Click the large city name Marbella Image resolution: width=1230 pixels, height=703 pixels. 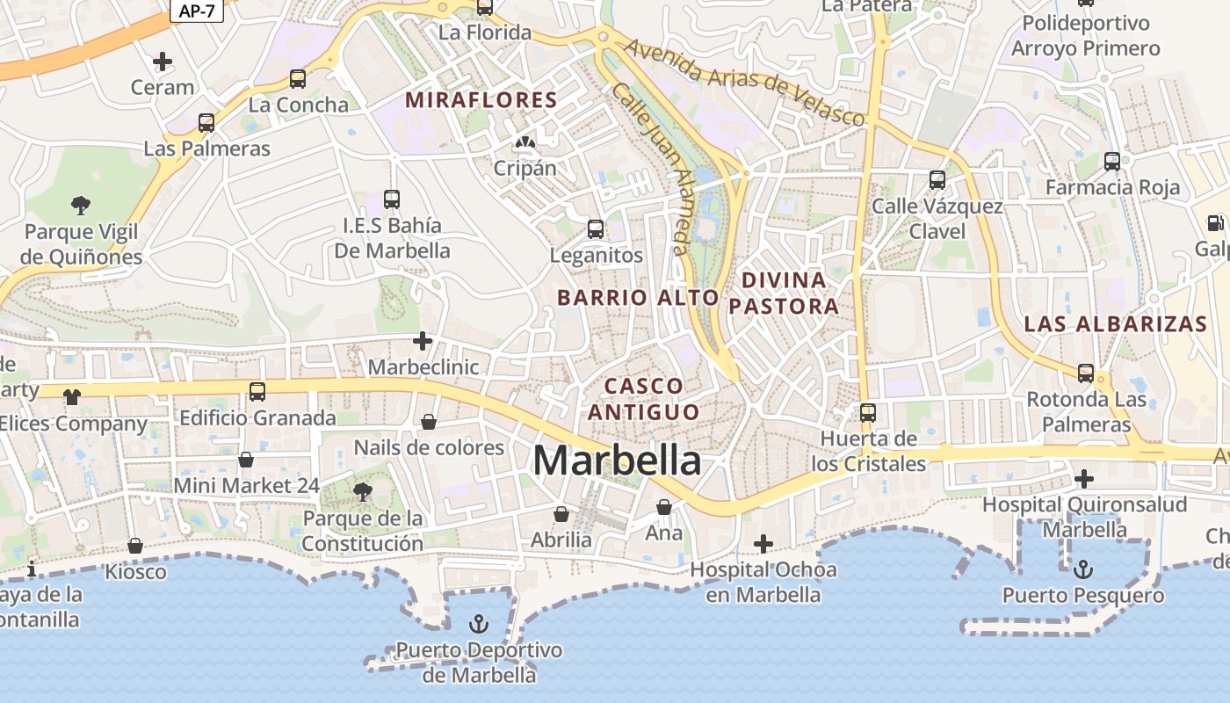(x=618, y=460)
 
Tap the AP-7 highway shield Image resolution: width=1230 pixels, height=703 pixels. (x=197, y=10)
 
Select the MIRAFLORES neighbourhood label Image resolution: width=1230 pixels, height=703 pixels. (x=481, y=100)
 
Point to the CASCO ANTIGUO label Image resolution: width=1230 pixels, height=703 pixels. (x=644, y=399)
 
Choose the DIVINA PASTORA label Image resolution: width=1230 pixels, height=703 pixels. (x=785, y=294)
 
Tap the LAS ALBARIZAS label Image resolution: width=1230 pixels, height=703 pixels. (x=1115, y=323)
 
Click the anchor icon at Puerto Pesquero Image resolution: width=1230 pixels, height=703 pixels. (x=1082, y=569)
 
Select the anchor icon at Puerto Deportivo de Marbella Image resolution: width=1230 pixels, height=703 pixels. (x=479, y=624)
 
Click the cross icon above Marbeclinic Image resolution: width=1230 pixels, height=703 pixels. (x=423, y=340)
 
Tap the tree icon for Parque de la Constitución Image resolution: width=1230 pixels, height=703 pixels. (x=362, y=491)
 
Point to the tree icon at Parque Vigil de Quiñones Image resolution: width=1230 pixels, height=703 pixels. (x=81, y=206)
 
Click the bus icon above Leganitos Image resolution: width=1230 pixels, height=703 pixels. (x=596, y=229)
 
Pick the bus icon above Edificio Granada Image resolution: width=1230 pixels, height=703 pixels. (x=257, y=391)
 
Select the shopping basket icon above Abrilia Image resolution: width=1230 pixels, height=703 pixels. (x=561, y=513)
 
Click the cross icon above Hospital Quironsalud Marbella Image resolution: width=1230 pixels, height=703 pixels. (x=1084, y=479)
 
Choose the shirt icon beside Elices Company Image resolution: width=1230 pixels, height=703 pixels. (x=72, y=397)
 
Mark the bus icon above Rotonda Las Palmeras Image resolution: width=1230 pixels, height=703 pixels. (x=1086, y=373)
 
